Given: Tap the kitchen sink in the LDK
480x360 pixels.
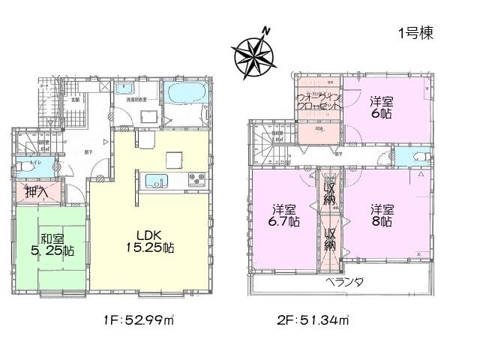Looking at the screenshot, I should [156, 181].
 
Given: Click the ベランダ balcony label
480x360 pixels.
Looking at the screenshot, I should [344, 282].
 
